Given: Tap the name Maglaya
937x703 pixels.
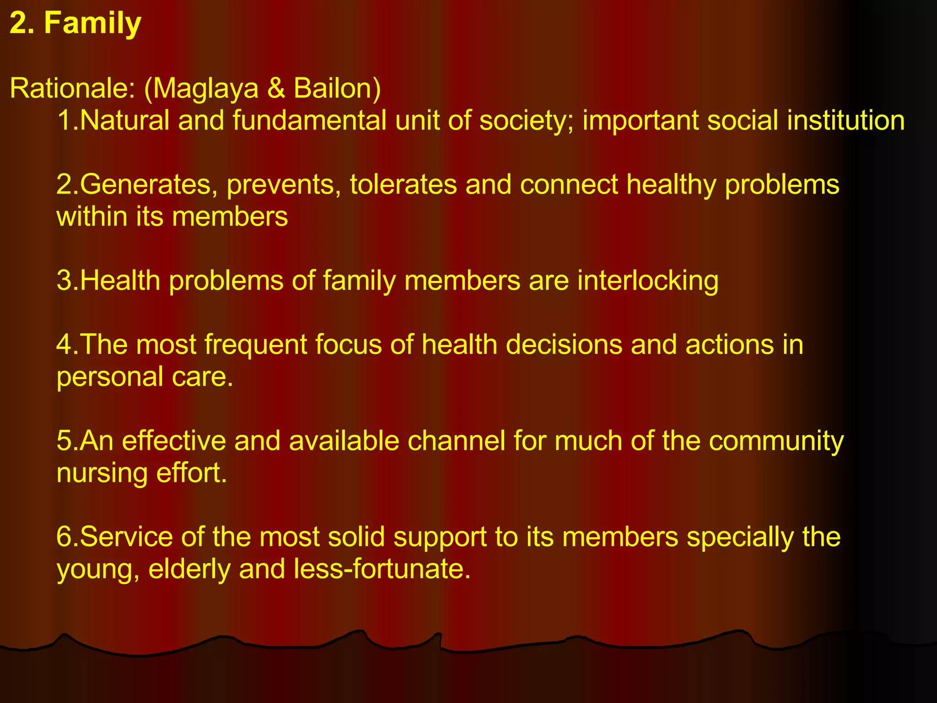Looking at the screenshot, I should pos(205,88).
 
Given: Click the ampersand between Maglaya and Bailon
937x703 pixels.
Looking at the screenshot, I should pos(276,88).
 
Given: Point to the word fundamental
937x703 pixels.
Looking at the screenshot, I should pos(309,120).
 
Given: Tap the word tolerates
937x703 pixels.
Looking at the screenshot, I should pos(403,184).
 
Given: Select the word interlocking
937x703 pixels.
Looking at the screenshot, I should pos(647,281).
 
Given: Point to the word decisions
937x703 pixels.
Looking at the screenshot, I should pos(564,345).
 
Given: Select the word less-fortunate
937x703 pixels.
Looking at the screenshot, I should pos(382,569).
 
